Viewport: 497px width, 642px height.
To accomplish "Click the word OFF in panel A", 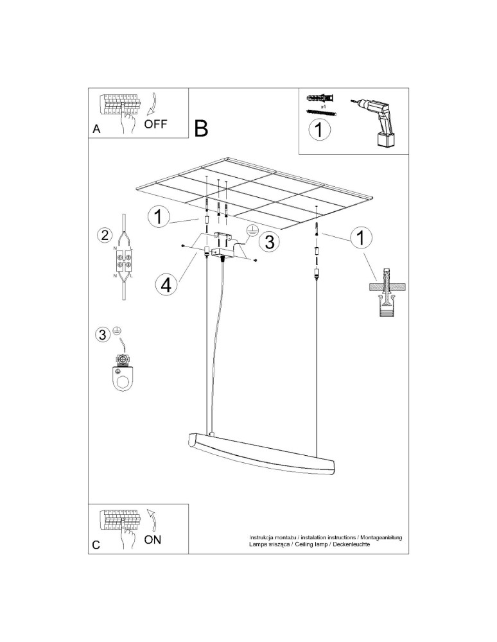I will [155, 124].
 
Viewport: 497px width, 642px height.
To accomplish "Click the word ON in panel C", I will [152, 539].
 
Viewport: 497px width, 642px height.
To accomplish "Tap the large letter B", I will [201, 128].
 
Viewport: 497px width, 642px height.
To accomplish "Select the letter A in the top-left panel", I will [96, 128].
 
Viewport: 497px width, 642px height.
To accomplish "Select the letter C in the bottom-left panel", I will [96, 545].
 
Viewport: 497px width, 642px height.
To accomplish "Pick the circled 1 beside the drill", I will [319, 130].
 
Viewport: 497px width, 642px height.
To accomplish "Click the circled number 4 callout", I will [166, 284].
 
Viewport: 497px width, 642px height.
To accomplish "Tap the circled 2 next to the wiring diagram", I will [103, 235].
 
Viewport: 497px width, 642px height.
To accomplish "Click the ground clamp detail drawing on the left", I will [121, 372].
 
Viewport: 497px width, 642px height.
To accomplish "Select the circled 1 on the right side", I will [361, 238].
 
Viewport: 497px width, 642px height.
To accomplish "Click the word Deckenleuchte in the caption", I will [352, 544].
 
